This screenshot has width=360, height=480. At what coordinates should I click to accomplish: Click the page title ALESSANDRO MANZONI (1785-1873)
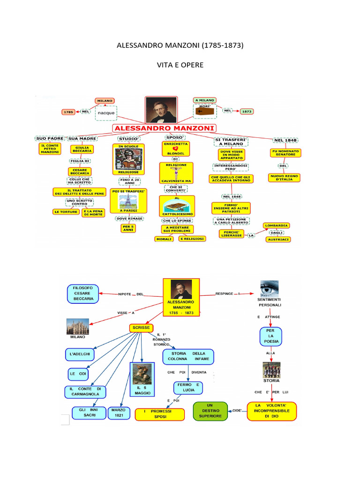180,46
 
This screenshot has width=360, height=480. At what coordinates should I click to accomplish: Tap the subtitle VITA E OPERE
180,65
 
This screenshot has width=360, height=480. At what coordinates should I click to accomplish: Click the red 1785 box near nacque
68,112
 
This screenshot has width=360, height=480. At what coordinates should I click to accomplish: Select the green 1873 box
247,111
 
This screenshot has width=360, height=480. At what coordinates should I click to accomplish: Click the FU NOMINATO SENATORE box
285,153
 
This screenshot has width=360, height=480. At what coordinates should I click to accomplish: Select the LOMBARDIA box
277,225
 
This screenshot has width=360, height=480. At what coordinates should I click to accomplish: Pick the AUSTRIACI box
278,240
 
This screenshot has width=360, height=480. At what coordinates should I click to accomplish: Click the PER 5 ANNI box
128,228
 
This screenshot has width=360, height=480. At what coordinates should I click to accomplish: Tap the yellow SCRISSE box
141,327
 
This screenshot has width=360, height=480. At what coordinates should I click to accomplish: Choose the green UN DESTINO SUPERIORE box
210,410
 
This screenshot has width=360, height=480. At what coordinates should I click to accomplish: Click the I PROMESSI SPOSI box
157,413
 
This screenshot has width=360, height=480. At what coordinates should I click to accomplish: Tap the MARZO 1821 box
119,412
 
